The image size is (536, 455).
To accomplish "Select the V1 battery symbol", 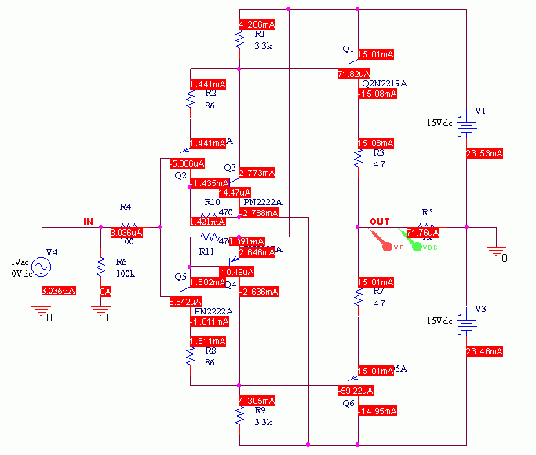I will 467,124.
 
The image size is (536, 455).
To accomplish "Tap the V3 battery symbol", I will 467,321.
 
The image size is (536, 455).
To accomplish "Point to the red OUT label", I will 379,222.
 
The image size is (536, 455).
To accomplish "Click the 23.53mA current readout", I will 483,153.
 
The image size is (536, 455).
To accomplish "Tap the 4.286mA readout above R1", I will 255,24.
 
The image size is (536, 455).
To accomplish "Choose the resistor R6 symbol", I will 100,267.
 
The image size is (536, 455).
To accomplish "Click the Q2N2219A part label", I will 384,83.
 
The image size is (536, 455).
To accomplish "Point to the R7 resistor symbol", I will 358,297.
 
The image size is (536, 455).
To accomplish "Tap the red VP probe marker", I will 386,247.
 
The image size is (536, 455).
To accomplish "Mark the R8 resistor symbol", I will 190,358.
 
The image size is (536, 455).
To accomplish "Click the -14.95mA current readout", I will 377,411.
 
